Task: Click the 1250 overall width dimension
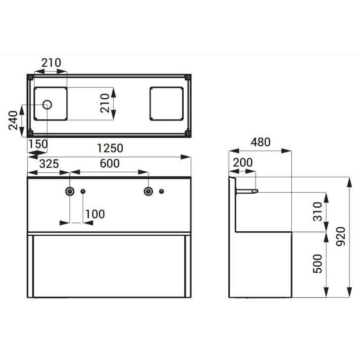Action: click(110, 148)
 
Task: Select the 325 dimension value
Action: click(49, 164)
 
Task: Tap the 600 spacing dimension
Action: click(110, 163)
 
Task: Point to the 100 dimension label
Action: click(95, 214)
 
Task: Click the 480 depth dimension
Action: click(260, 142)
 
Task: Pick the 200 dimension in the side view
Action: click(243, 162)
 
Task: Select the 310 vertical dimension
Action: click(318, 211)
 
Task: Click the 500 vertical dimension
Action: click(318, 263)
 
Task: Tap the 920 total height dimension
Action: click(341, 236)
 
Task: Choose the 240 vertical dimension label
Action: click(13, 120)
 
